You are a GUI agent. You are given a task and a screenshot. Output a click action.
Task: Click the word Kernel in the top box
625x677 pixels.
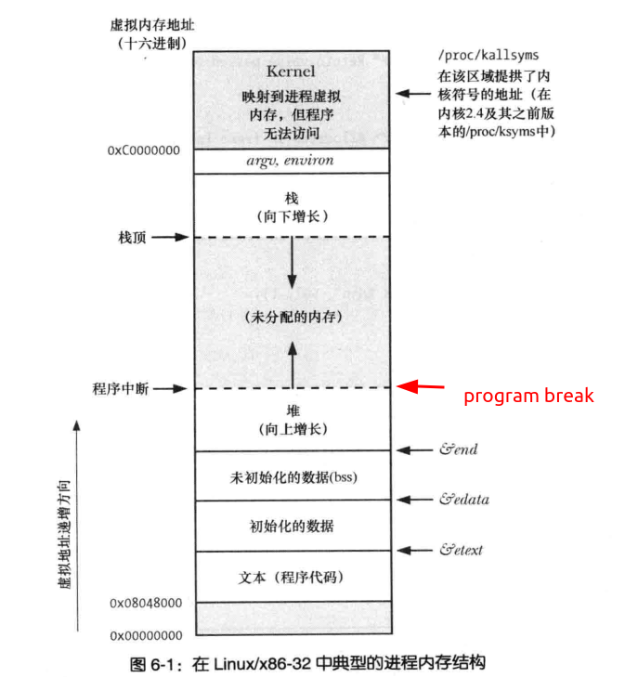(291, 72)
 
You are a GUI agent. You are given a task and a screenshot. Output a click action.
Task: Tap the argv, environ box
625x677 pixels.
(291, 161)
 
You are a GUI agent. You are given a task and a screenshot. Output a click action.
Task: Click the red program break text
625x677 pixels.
(528, 397)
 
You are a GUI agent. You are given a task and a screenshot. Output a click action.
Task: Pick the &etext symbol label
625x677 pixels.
(462, 550)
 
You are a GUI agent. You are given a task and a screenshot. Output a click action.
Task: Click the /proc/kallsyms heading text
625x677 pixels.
(488, 56)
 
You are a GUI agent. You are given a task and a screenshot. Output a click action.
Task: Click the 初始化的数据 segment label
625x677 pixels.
(292, 527)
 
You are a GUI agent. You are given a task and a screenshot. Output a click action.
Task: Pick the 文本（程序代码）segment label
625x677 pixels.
(292, 578)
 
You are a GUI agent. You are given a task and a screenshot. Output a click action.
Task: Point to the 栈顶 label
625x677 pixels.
(122, 237)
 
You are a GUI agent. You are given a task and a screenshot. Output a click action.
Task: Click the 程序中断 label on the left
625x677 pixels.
(114, 388)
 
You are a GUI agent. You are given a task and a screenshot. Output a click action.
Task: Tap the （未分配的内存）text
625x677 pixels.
(292, 317)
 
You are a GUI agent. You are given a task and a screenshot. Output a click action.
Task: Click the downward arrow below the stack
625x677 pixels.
(292, 265)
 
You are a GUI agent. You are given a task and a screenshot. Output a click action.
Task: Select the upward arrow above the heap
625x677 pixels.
(292, 364)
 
